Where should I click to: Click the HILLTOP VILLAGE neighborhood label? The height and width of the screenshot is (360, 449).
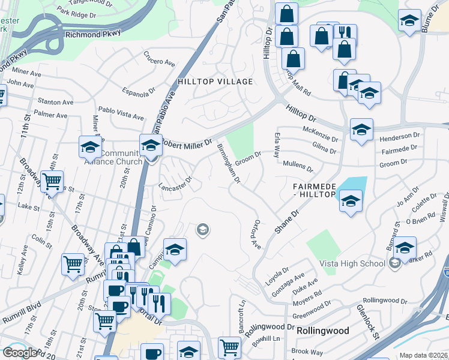[x=214, y=81]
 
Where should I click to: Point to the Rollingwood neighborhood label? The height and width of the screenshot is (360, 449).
[x=322, y=331]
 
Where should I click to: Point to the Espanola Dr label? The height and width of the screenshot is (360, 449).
[x=137, y=91]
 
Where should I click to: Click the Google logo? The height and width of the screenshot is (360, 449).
[x=20, y=353]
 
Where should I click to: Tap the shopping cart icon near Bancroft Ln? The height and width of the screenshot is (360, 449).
[x=229, y=347]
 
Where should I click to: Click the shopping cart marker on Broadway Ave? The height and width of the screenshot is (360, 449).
[x=53, y=180]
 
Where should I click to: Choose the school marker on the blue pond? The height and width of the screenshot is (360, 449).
[x=350, y=201]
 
